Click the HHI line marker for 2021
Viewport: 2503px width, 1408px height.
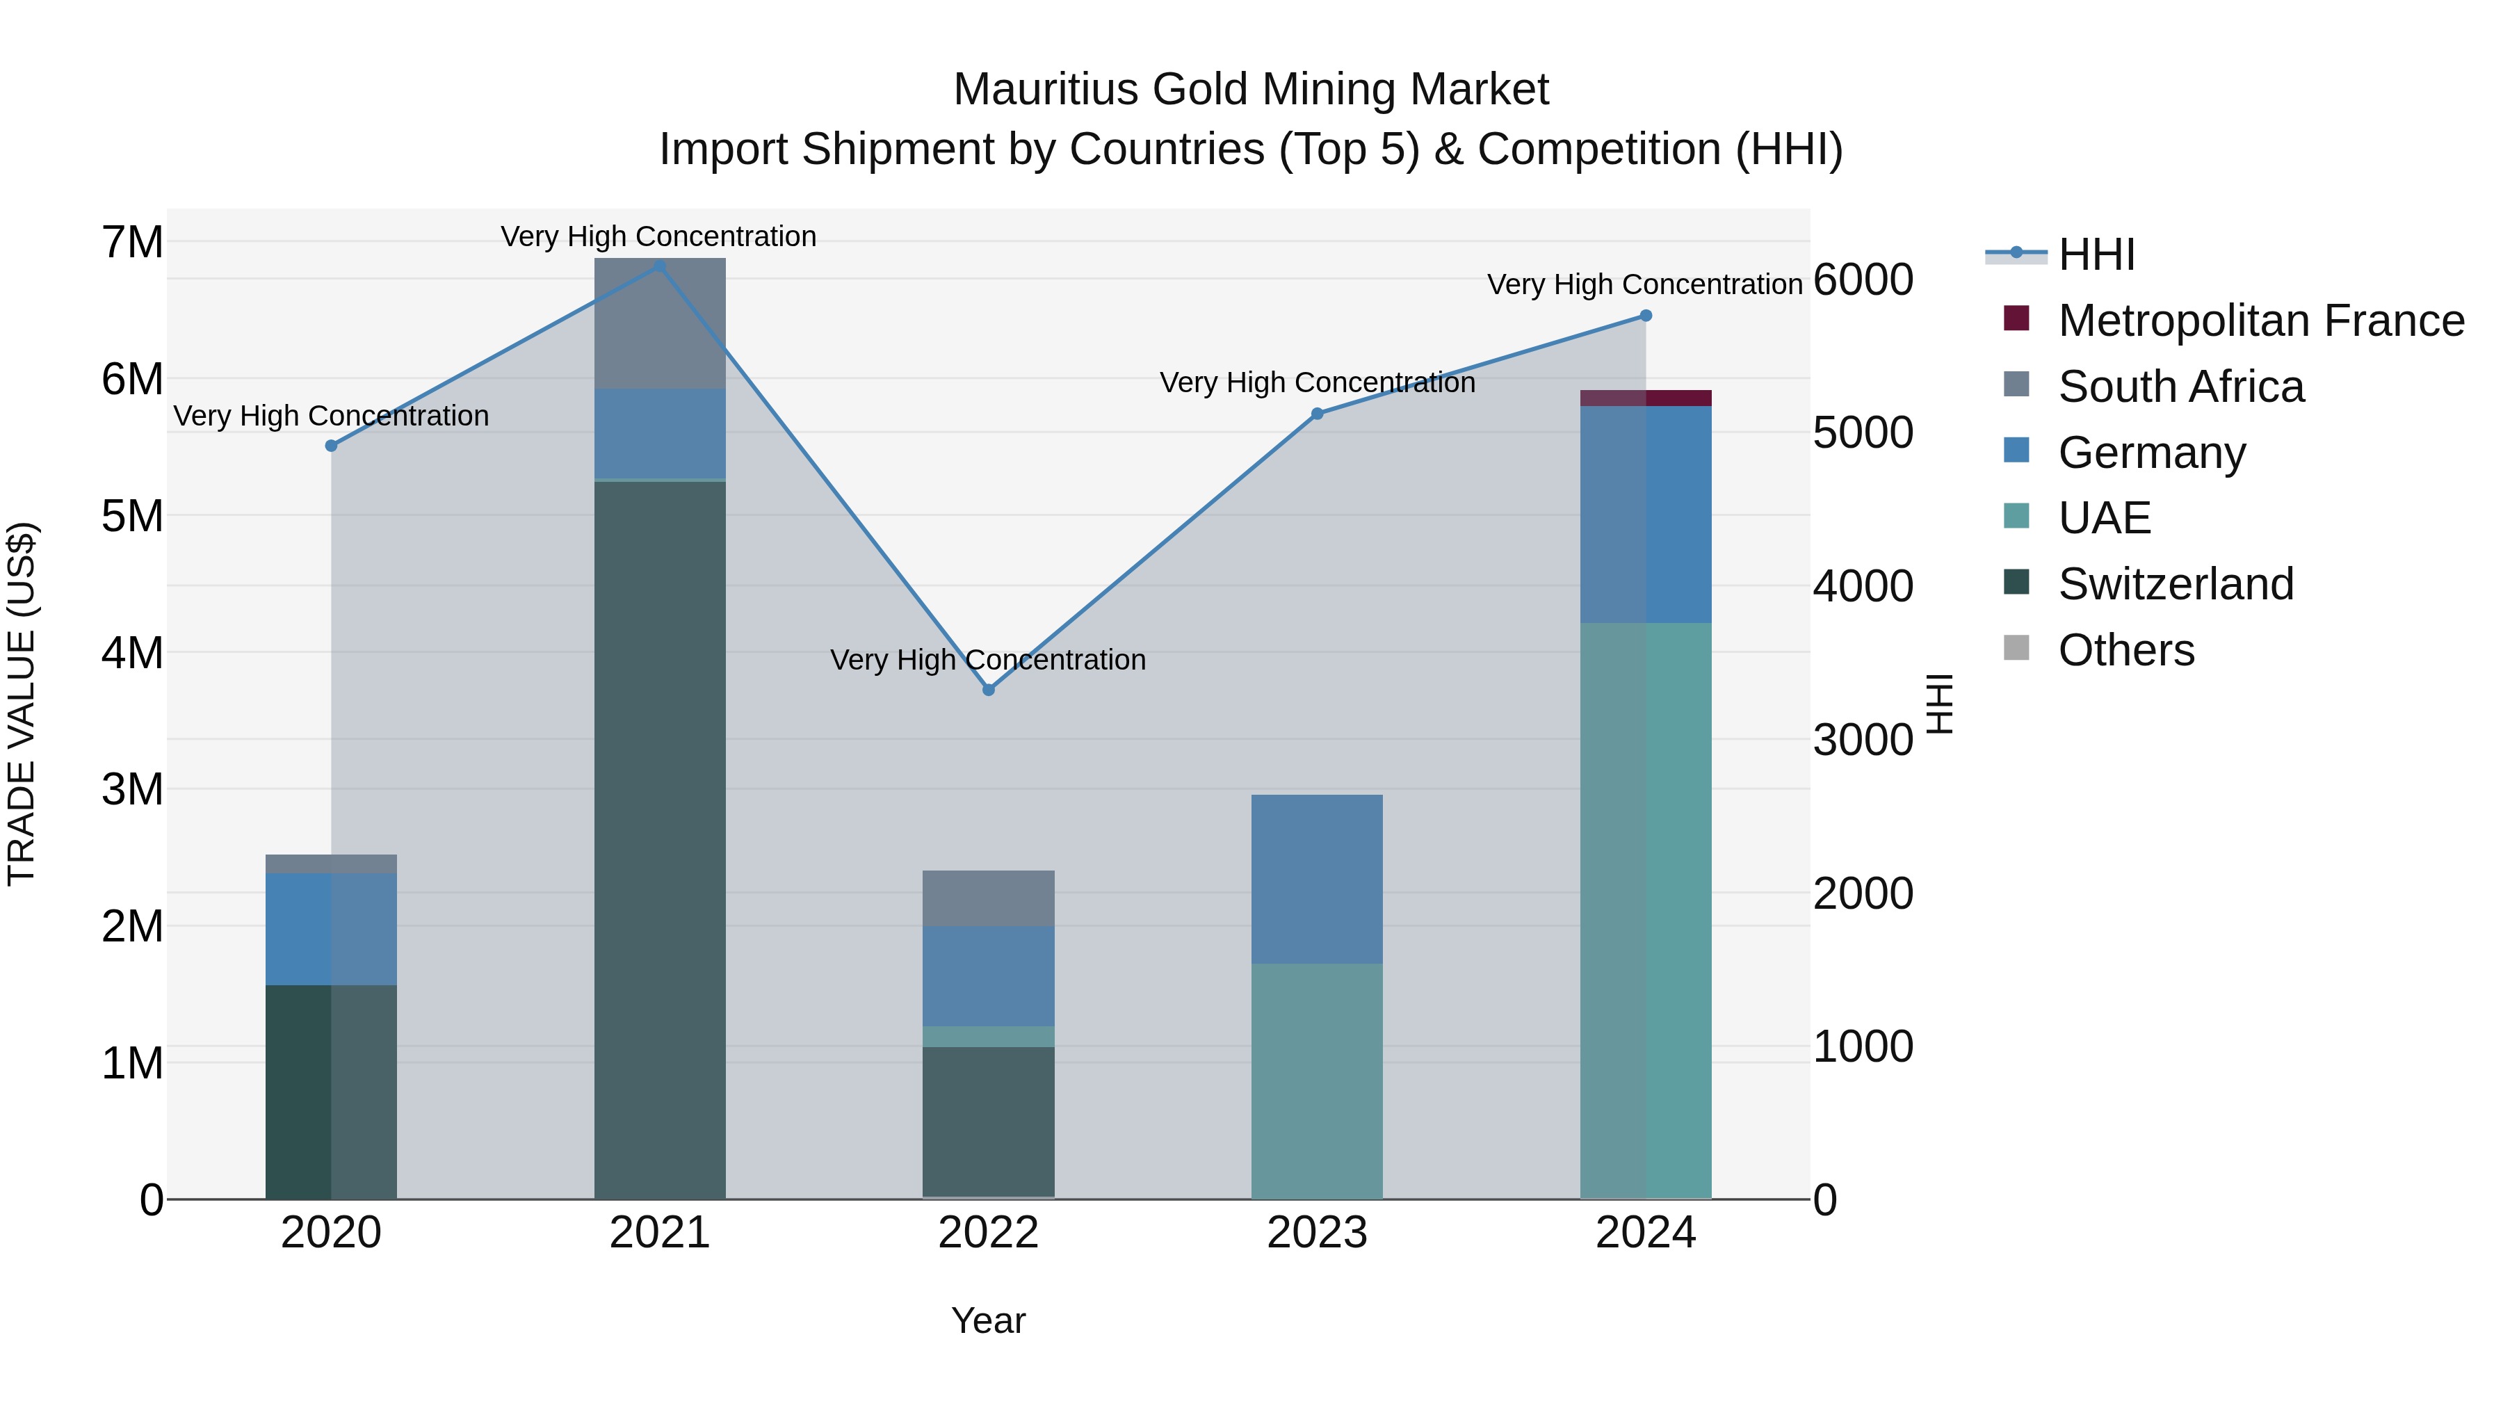click(660, 266)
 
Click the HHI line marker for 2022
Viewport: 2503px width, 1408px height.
click(988, 690)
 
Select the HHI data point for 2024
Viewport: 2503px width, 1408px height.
click(1646, 316)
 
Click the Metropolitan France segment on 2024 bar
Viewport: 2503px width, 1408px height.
click(1646, 398)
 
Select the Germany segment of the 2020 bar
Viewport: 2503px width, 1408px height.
click(332, 929)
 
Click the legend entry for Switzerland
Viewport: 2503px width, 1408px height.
click(2176, 584)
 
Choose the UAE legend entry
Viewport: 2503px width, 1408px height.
click(2104, 518)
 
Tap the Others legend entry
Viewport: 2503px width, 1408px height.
click(2126, 650)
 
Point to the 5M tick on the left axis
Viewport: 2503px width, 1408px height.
click(133, 516)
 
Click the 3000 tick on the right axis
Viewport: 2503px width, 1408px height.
click(1863, 740)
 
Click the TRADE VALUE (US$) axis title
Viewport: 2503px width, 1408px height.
click(22, 704)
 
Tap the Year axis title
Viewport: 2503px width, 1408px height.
click(988, 1320)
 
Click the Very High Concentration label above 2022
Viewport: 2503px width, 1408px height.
click(988, 660)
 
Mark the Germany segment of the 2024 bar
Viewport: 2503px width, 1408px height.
click(1646, 515)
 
